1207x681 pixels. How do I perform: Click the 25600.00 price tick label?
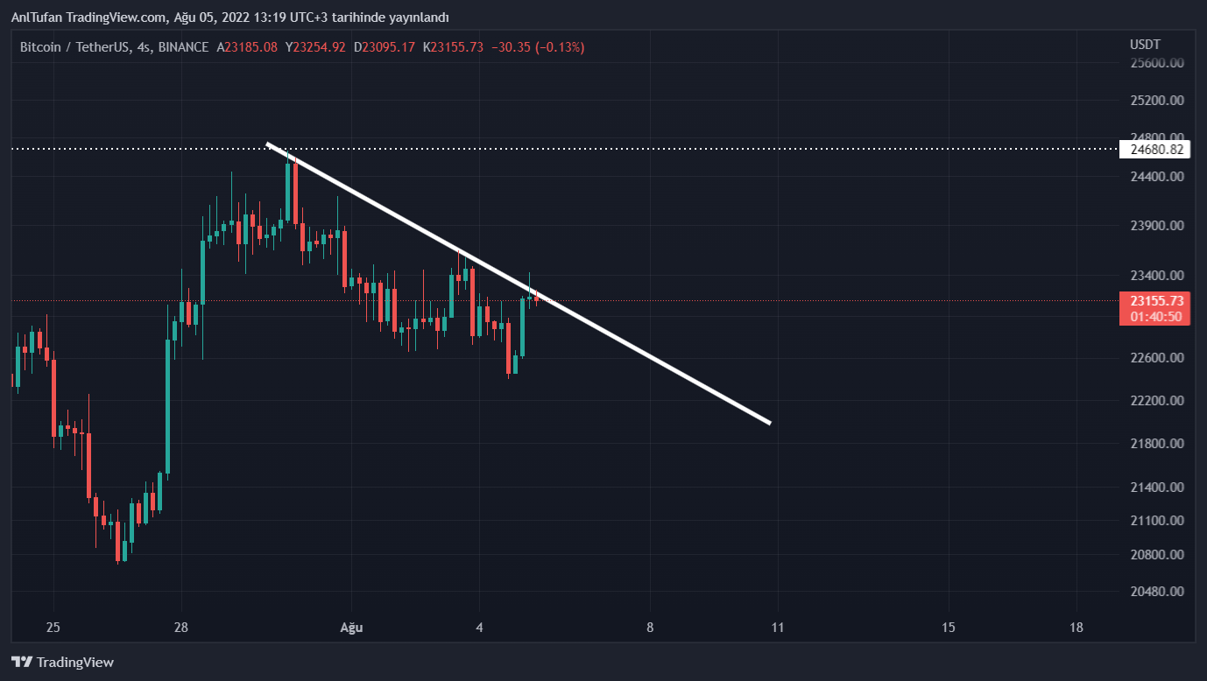[x=1157, y=63]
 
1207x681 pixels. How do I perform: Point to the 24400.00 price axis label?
[x=1157, y=176]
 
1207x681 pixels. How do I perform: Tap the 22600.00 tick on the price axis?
[x=1157, y=358]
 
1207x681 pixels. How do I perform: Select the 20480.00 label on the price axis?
[x=1157, y=591]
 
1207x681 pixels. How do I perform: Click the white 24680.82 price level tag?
[x=1156, y=150]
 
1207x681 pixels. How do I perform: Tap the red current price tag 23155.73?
[x=1156, y=301]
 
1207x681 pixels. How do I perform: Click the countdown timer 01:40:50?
[x=1156, y=316]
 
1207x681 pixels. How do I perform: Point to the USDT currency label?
[x=1145, y=45]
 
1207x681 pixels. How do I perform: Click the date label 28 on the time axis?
[x=181, y=628]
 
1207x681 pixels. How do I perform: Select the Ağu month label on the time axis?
[x=351, y=628]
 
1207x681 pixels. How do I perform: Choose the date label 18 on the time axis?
[x=1076, y=628]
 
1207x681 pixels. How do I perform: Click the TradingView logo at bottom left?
[x=62, y=663]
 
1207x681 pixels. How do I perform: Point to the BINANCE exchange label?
[x=181, y=46]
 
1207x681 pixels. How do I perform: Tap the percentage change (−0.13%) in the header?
[x=561, y=46]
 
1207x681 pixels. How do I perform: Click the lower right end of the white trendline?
[x=770, y=424]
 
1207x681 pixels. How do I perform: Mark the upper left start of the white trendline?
[x=267, y=144]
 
